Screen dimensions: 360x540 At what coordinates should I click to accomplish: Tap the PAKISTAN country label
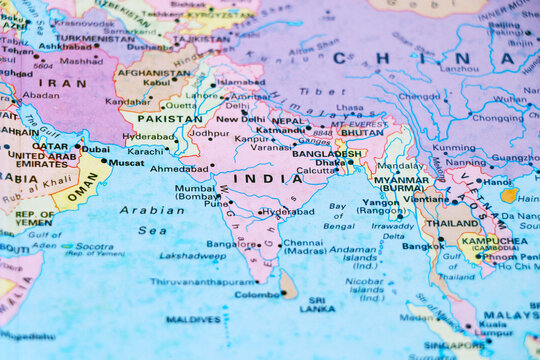pyautogui.click(x=169, y=118)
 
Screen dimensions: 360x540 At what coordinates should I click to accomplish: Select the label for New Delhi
pyautogui.click(x=241, y=118)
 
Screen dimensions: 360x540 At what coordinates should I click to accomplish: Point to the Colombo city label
pyautogui.click(x=257, y=294)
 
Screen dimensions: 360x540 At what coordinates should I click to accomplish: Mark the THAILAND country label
pyautogui.click(x=453, y=223)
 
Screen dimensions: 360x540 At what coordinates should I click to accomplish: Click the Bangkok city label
pyautogui.click(x=422, y=245)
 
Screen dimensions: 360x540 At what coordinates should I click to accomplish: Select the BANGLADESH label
pyautogui.click(x=327, y=154)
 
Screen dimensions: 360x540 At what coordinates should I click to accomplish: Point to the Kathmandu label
pyautogui.click(x=281, y=130)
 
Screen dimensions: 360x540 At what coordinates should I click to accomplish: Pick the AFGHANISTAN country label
pyautogui.click(x=153, y=72)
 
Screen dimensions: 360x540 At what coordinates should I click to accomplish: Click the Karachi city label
pyautogui.click(x=145, y=151)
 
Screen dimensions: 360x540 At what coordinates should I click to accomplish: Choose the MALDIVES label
pyautogui.click(x=193, y=320)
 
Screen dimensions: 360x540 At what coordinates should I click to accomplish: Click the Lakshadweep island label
pyautogui.click(x=193, y=255)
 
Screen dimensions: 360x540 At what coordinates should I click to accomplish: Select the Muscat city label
pyautogui.click(x=126, y=162)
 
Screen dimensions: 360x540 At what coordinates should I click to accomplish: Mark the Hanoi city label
pyautogui.click(x=497, y=182)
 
